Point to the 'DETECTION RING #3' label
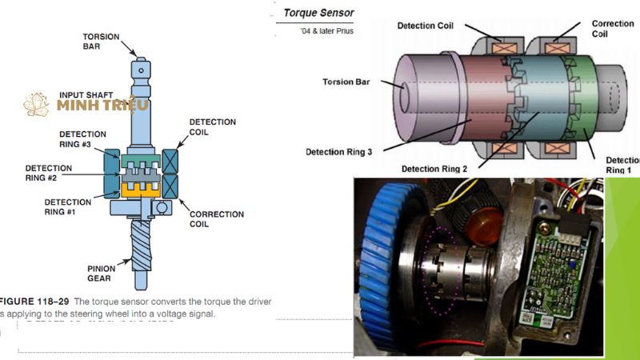tap(82, 138)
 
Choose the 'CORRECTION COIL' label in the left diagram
tap(217, 219)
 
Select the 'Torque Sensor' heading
tap(319, 14)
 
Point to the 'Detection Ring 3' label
tap(339, 150)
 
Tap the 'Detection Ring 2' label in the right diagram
tap(434, 169)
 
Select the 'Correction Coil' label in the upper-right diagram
tap(612, 29)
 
